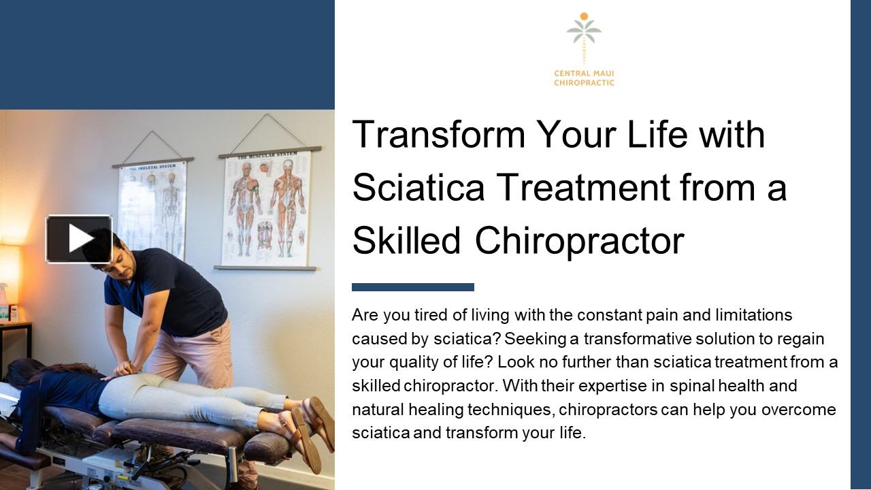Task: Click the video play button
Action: point(80,239)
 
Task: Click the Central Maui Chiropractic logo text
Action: point(584,78)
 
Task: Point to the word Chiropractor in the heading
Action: point(579,240)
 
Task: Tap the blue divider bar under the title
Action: point(412,287)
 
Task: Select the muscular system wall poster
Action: point(267,207)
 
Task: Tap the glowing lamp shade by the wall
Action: point(9,265)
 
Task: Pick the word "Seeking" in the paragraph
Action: point(542,339)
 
